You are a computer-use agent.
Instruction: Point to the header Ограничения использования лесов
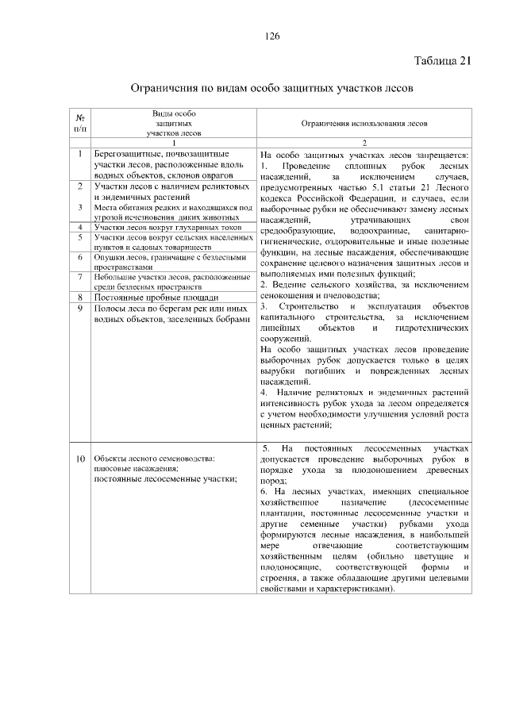(364, 124)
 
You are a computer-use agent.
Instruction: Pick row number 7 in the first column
(80, 277)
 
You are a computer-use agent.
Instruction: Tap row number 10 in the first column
(80, 459)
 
